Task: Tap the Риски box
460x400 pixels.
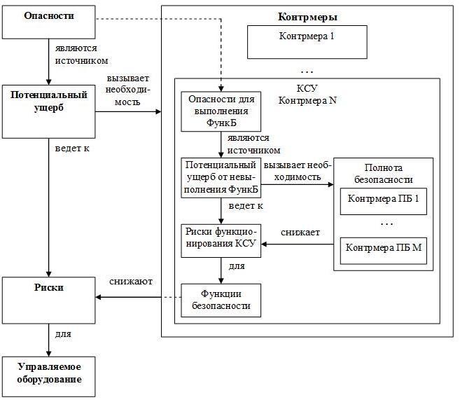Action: tap(48, 300)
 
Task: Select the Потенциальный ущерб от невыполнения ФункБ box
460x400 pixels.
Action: tap(221, 178)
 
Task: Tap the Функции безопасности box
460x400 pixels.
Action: tap(221, 300)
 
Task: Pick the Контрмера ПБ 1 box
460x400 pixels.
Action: tap(382, 201)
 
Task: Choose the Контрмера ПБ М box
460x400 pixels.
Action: tap(382, 249)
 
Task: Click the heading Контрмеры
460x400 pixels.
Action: tap(307, 15)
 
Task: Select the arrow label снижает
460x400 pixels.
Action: tap(301, 231)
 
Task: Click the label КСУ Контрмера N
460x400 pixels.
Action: tap(307, 95)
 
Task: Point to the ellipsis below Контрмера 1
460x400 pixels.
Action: tap(306, 70)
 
